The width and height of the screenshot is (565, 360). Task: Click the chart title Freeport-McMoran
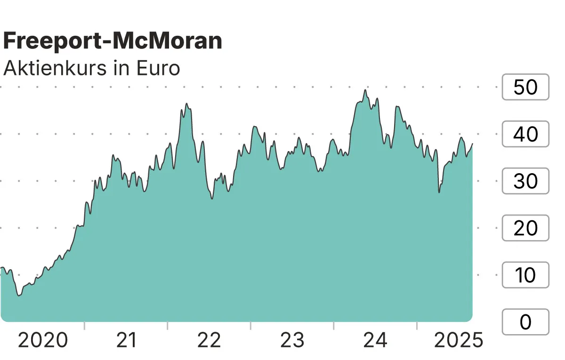click(x=113, y=41)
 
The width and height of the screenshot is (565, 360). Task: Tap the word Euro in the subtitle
click(x=159, y=68)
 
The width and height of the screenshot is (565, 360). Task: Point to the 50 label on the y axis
click(x=525, y=87)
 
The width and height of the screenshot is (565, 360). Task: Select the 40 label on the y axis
click(x=525, y=134)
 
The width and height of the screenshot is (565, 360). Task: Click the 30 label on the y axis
click(x=525, y=181)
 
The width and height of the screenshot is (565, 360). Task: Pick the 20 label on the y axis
click(x=525, y=228)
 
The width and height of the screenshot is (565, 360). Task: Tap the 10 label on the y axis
click(x=525, y=275)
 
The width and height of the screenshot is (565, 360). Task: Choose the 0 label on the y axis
click(x=525, y=322)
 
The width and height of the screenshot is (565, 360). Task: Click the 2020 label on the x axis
click(x=43, y=340)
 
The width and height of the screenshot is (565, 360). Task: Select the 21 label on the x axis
click(x=126, y=340)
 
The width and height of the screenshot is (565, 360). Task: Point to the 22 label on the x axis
click(x=210, y=340)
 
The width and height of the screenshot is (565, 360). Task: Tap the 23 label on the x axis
click(x=292, y=340)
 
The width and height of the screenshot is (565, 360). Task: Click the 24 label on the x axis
click(x=376, y=340)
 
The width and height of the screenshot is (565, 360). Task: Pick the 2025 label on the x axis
click(x=459, y=340)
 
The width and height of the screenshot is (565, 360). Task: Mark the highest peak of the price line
click(x=365, y=90)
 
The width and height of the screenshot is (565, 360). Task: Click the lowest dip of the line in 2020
click(x=19, y=296)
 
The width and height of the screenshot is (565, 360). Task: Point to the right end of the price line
click(x=472, y=144)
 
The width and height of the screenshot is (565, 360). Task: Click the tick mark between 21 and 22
click(x=168, y=326)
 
